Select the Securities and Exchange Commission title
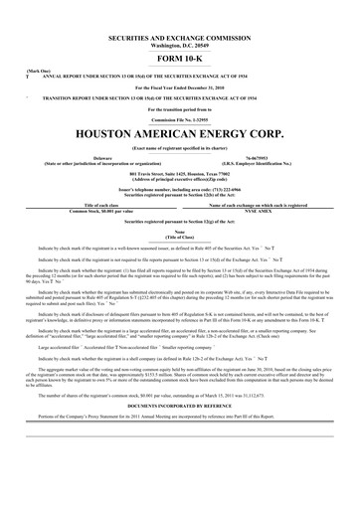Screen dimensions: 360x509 pos(180,36)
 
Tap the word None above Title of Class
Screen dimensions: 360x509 pos(180,232)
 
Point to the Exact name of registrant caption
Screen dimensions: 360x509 pos(180,146)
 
